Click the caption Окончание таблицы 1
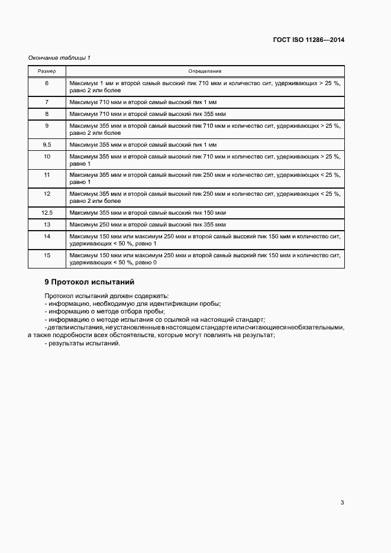coord(59,57)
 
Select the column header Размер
coord(47,71)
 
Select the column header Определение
coord(205,71)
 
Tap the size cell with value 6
coord(47,83)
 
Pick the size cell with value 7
coord(47,102)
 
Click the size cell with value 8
coord(47,114)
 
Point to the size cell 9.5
coord(47,145)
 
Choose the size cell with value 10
coord(47,156)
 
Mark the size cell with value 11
coord(47,175)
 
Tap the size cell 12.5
coord(47,213)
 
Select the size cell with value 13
coord(47,225)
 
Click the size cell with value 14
coord(47,236)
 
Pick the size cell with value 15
coord(47,255)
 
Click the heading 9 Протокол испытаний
coord(90,282)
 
